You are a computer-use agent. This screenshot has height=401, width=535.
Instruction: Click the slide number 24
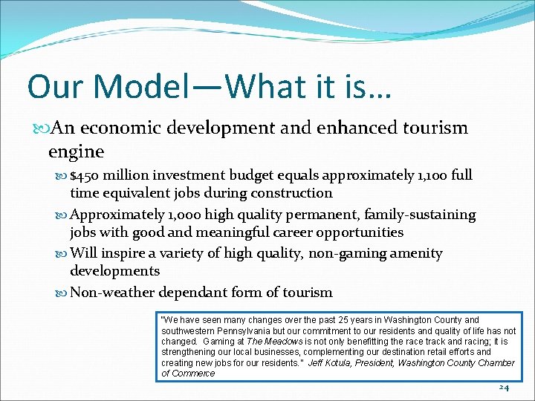click(x=504, y=388)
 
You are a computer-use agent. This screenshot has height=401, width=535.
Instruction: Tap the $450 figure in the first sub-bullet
click(x=85, y=176)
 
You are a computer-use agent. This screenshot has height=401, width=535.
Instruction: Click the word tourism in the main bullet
click(x=437, y=128)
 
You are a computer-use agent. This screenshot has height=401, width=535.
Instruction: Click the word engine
click(x=76, y=151)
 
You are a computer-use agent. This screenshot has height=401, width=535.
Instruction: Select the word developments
click(x=114, y=271)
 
